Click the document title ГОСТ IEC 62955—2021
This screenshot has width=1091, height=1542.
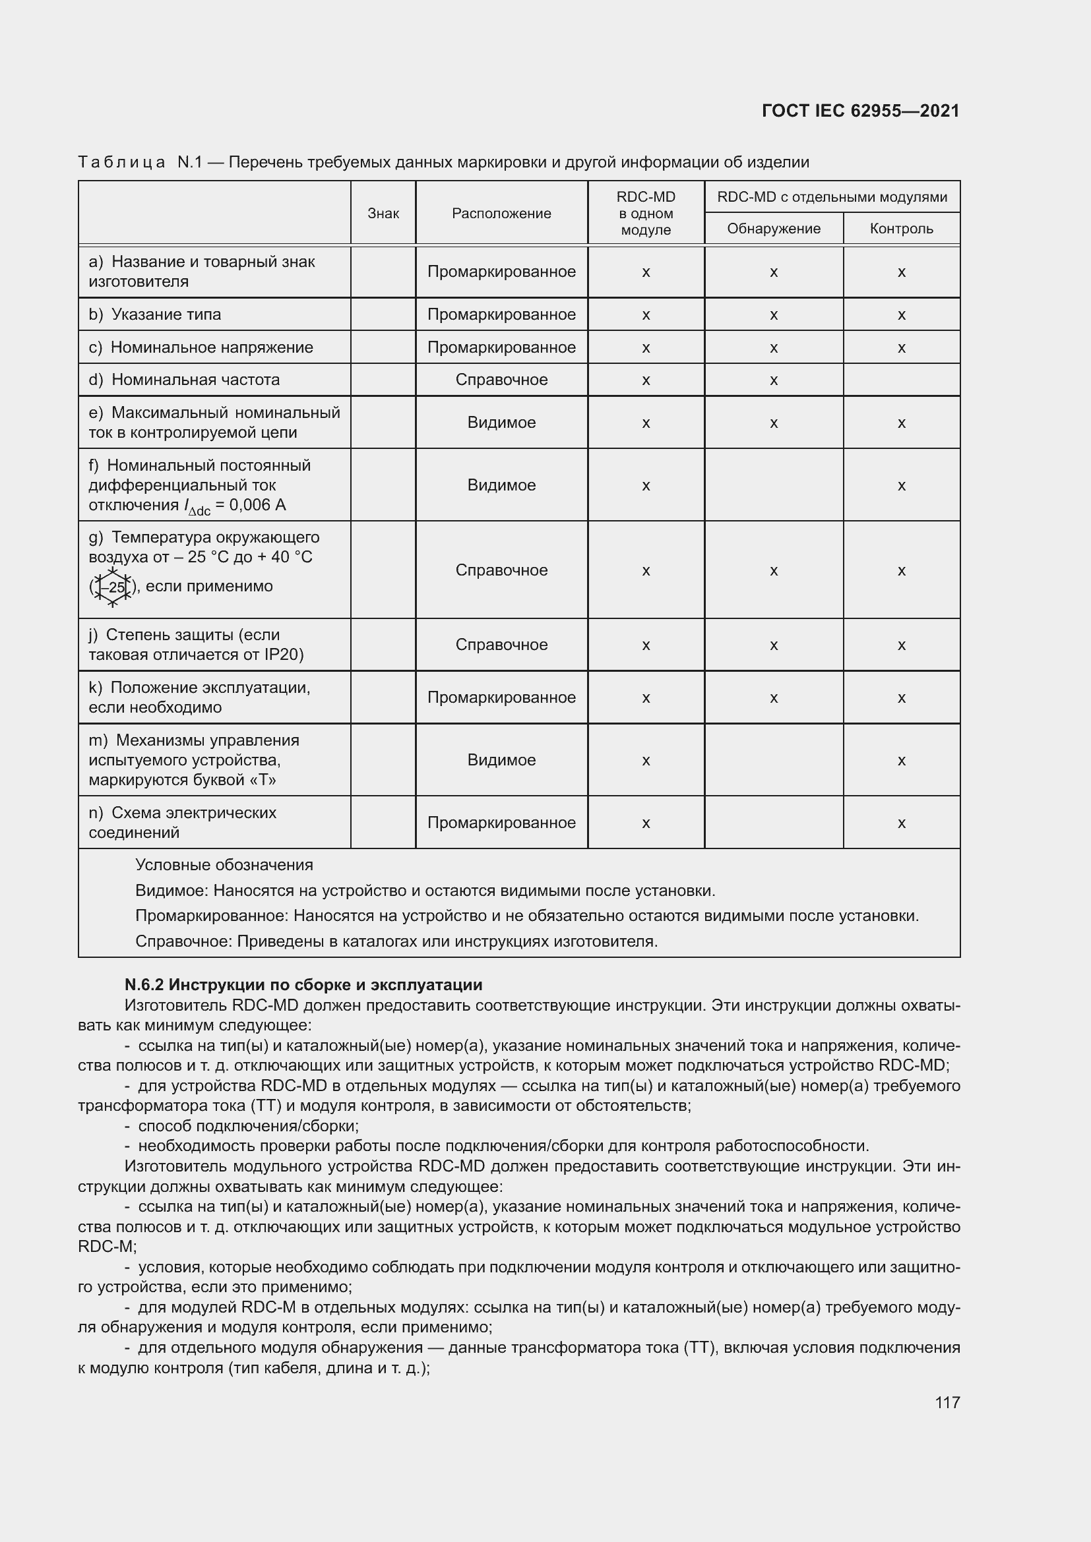[861, 111]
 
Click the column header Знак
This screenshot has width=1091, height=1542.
[383, 214]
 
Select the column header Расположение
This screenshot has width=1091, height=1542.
[501, 214]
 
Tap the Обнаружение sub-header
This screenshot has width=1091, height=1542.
[773, 229]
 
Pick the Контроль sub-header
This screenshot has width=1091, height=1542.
[901, 229]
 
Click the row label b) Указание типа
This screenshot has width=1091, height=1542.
[154, 314]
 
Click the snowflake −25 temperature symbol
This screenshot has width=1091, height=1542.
[113, 587]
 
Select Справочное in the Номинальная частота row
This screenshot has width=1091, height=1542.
[501, 380]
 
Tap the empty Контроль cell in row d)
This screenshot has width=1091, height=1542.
[901, 380]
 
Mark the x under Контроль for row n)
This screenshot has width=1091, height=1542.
[901, 823]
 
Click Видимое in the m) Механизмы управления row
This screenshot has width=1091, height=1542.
[501, 760]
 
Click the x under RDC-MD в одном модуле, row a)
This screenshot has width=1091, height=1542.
[646, 272]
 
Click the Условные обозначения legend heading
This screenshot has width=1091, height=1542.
[224, 865]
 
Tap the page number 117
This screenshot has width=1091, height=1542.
[947, 1402]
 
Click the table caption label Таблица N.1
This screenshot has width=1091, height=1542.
[140, 163]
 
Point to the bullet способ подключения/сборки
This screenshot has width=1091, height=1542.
[248, 1125]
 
